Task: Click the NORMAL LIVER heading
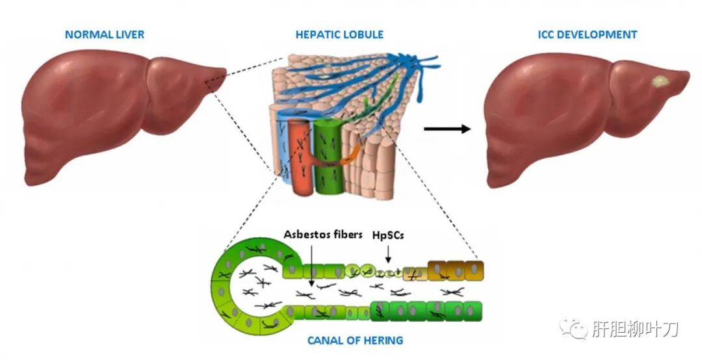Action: pos(105,34)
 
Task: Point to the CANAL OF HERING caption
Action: pos(355,340)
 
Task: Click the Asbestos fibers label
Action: pos(322,235)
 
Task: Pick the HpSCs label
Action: pos(387,235)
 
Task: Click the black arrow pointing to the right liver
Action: pos(447,129)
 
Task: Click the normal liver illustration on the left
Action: pos(110,110)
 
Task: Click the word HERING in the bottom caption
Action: pos(383,340)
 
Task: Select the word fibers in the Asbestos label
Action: pos(345,235)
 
